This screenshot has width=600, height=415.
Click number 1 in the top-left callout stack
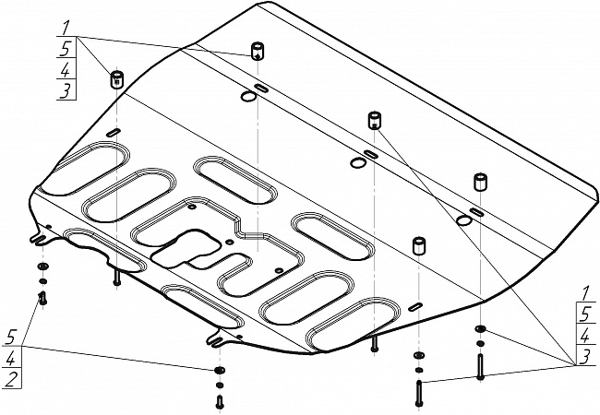[x=66, y=28]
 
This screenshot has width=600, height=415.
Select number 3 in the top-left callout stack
[x=66, y=91]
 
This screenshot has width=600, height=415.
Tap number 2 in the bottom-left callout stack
[x=11, y=380]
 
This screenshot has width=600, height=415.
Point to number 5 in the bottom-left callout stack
[x=12, y=338]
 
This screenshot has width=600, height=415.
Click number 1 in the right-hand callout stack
[x=584, y=293]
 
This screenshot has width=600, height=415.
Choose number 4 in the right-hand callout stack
[x=585, y=337]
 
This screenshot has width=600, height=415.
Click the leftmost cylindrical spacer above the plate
[x=116, y=79]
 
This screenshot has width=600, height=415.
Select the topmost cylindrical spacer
[x=258, y=52]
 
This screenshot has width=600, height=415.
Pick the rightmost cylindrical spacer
[x=480, y=182]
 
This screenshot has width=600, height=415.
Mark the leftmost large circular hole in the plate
[x=248, y=96]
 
